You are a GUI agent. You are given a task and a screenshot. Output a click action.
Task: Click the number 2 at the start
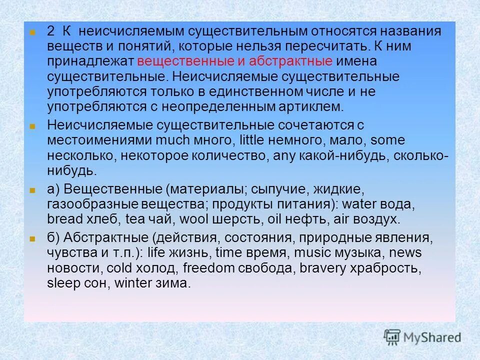pyautogui.click(x=51, y=31)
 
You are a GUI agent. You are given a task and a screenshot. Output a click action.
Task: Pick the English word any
pyautogui.click(x=283, y=156)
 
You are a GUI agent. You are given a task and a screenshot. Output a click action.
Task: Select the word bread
pyautogui.click(x=63, y=219)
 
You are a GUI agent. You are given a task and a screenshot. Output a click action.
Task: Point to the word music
pyautogui.click(x=310, y=252)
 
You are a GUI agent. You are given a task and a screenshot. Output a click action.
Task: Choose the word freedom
pyautogui.click(x=209, y=267)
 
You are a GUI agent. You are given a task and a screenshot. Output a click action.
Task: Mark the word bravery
pyautogui.click(x=323, y=267)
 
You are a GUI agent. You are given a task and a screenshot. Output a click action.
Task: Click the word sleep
pyautogui.click(x=62, y=283)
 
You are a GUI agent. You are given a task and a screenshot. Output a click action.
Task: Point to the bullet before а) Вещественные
pyautogui.click(x=32, y=190)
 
